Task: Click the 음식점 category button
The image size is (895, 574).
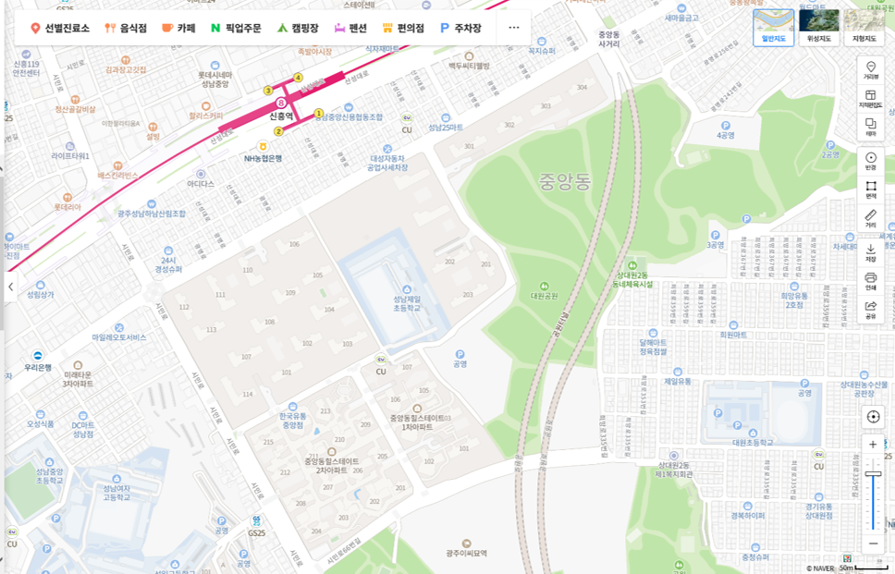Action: point(126,29)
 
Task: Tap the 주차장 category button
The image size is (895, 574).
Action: point(460,29)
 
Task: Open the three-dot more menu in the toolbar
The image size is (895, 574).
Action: point(514,28)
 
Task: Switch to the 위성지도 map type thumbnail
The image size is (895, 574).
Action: point(819,28)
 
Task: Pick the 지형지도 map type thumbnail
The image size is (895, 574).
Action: point(864,28)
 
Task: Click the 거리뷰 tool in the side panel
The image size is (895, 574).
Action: point(871,70)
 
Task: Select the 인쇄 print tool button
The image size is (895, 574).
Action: point(871,280)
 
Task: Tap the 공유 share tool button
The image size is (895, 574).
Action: point(871,309)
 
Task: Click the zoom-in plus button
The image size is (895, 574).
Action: point(873,445)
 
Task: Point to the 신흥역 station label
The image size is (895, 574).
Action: point(281,116)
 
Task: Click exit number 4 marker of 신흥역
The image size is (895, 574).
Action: point(298,77)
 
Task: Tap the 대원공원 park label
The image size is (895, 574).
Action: point(545,296)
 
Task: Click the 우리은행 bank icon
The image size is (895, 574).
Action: point(38,355)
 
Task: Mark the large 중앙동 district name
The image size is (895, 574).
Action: point(564,181)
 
